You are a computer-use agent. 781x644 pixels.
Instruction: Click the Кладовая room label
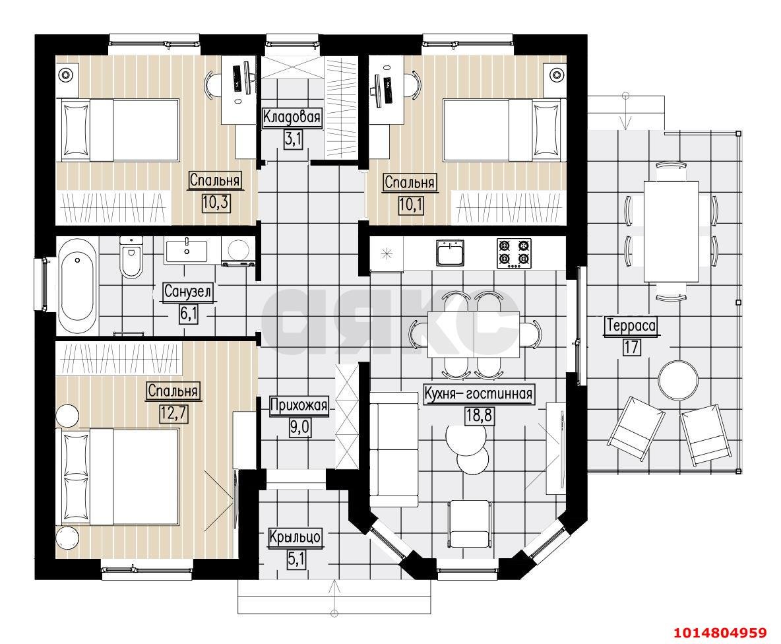click(x=292, y=117)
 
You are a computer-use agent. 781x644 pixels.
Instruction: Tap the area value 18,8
click(x=479, y=415)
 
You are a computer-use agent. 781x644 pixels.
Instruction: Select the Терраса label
click(x=631, y=326)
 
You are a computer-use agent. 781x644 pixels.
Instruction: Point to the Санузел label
click(x=188, y=292)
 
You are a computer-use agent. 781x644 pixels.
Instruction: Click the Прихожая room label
click(x=299, y=405)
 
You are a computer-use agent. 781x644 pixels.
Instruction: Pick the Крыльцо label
click(x=295, y=537)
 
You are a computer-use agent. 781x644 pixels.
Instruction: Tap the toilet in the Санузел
click(x=131, y=257)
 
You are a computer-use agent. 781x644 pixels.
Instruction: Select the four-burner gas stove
click(x=514, y=253)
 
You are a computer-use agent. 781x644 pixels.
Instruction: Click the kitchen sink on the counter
click(x=451, y=253)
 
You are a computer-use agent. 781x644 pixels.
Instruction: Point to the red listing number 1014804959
click(x=720, y=633)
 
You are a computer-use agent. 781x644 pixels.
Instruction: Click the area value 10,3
click(x=216, y=203)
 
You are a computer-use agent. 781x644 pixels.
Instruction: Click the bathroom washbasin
click(x=186, y=249)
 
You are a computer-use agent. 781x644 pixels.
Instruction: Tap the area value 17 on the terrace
click(x=631, y=346)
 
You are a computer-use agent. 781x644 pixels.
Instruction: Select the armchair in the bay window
click(x=469, y=524)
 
